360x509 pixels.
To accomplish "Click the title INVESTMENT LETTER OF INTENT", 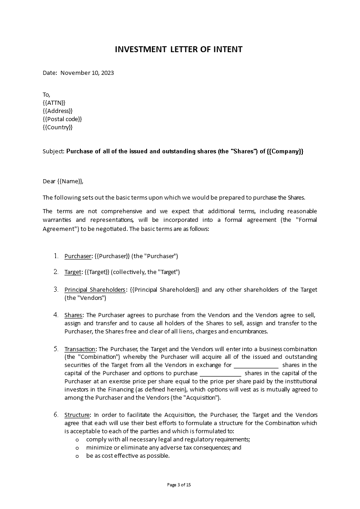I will [x=179, y=49].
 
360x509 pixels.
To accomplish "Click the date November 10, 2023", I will [x=87, y=73].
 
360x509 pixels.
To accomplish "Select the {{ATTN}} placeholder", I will [x=54, y=103].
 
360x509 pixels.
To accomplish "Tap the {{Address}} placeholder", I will [x=57, y=111].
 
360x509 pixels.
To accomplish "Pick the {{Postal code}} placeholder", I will [x=62, y=119].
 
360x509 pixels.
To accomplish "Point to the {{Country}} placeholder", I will [x=58, y=127].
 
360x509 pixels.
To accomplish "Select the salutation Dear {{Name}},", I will [x=63, y=181].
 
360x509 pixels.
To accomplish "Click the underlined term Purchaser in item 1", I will [x=78, y=256].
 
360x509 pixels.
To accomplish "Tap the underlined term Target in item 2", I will [x=73, y=272].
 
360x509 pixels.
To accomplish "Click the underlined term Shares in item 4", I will [x=73, y=315].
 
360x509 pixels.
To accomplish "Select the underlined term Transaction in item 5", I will [x=80, y=349].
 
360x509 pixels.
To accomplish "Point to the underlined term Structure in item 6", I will [x=77, y=415].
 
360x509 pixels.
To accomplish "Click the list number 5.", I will [x=56, y=349].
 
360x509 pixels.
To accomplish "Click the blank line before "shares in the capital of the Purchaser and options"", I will [x=256, y=366].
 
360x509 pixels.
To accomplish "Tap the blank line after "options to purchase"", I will [x=221, y=374].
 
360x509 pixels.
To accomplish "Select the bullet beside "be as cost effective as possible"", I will [x=77, y=456].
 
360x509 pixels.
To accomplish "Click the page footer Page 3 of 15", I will [x=179, y=485].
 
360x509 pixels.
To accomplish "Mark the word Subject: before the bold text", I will [x=54, y=152].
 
